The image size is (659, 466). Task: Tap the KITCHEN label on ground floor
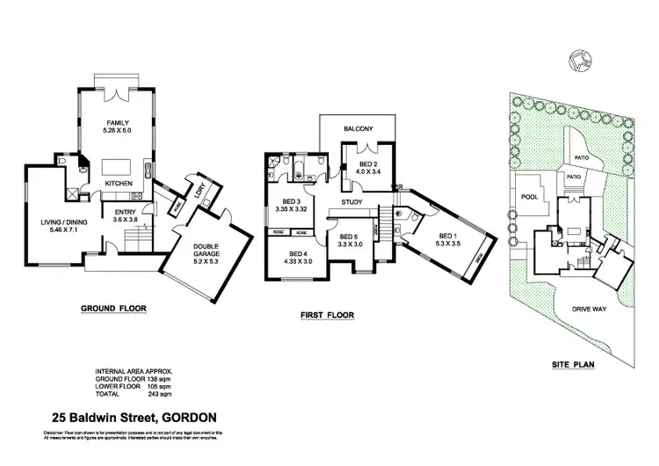point(119,183)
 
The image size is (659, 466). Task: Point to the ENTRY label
point(124,211)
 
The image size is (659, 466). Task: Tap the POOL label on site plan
point(529,197)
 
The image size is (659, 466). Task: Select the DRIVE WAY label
point(587,309)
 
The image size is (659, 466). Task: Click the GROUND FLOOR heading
point(113,309)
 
